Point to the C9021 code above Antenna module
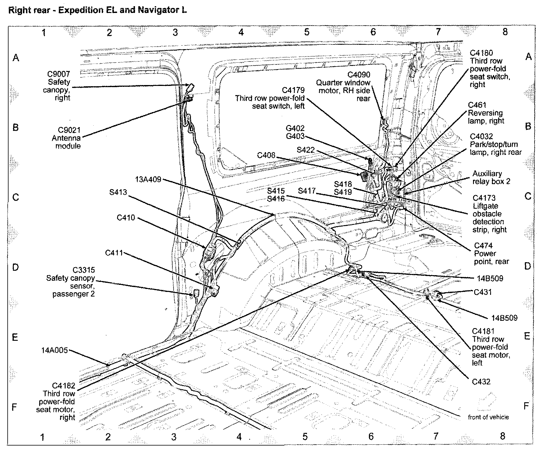tap(69, 130)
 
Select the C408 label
tap(266, 155)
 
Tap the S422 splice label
tap(306, 150)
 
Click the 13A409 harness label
tap(148, 180)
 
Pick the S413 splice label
tap(118, 192)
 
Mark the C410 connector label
tap(126, 217)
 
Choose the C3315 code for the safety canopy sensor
tap(84, 270)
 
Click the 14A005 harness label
tap(55, 350)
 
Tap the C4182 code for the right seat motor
tap(64, 385)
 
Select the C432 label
tap(481, 382)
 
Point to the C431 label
tap(483, 292)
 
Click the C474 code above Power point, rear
tap(483, 245)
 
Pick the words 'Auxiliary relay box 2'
tap(491, 177)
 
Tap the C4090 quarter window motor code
tap(359, 75)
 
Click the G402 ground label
tap(295, 129)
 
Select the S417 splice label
tap(307, 191)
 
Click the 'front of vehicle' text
tap(488, 417)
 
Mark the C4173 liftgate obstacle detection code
tap(484, 198)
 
